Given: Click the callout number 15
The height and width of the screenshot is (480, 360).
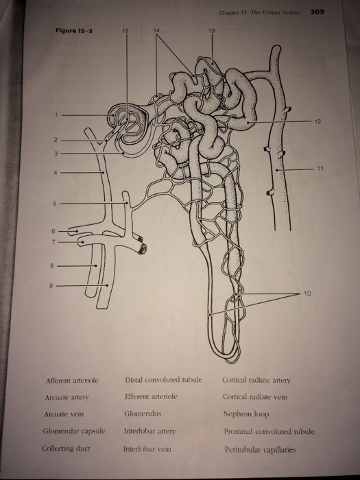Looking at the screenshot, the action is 125,30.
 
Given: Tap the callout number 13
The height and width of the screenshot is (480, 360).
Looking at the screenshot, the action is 212,31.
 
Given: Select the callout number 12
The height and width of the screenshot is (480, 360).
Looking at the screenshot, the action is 317,121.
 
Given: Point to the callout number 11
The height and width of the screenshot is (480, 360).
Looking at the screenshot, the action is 320,168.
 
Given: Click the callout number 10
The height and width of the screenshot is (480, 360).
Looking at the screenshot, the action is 307,293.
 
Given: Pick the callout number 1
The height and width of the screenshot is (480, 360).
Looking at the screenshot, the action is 56,115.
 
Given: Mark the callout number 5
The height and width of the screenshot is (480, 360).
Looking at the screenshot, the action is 54,203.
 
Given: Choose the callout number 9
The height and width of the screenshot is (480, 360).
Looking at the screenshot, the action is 51,286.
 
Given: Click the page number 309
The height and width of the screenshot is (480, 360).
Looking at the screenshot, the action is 317,12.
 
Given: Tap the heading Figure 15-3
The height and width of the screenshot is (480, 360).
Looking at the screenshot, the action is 74,30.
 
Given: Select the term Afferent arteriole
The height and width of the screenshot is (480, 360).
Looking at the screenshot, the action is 72,381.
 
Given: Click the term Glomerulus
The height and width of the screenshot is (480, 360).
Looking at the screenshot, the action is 143,414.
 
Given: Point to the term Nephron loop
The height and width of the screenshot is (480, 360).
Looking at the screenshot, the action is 245,414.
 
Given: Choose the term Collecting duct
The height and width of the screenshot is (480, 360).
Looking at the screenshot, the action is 66,448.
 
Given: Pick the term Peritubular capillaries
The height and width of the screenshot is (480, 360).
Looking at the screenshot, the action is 260,450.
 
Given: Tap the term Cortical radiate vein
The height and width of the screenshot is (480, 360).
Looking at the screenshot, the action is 254,397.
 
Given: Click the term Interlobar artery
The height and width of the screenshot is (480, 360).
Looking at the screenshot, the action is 149,431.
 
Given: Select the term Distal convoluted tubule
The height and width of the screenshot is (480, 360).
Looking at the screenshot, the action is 163,380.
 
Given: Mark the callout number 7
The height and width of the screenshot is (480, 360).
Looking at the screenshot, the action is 53,242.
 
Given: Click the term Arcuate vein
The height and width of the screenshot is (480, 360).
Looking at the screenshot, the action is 63,414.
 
